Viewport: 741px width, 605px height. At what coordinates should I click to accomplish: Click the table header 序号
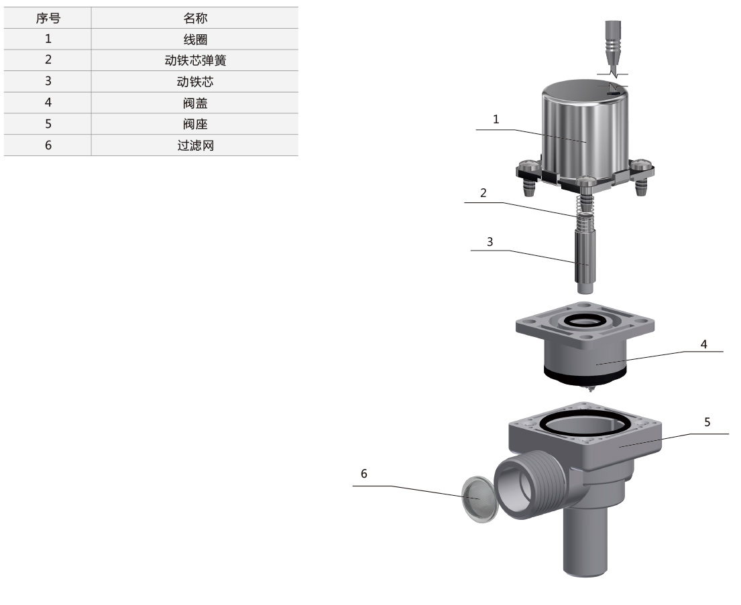(48, 18)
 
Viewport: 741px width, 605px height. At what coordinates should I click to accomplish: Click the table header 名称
(194, 18)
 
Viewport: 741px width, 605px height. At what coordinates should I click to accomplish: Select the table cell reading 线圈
(194, 40)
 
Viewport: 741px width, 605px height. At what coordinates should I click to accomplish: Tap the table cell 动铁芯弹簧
(194, 60)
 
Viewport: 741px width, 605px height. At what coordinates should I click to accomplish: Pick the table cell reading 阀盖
(194, 103)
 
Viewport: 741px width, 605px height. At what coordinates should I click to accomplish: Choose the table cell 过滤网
(194, 145)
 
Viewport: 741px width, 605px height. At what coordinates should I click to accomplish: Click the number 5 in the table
(48, 124)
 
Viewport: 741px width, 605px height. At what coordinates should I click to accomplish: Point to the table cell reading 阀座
(194, 124)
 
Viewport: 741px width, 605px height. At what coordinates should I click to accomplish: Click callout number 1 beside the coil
(496, 119)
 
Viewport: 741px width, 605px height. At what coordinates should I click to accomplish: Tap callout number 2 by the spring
(483, 192)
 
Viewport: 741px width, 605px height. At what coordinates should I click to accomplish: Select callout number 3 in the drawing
(490, 242)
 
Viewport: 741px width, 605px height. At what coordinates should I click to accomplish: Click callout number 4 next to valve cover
(703, 344)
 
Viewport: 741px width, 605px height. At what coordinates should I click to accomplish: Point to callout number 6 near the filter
(364, 473)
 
